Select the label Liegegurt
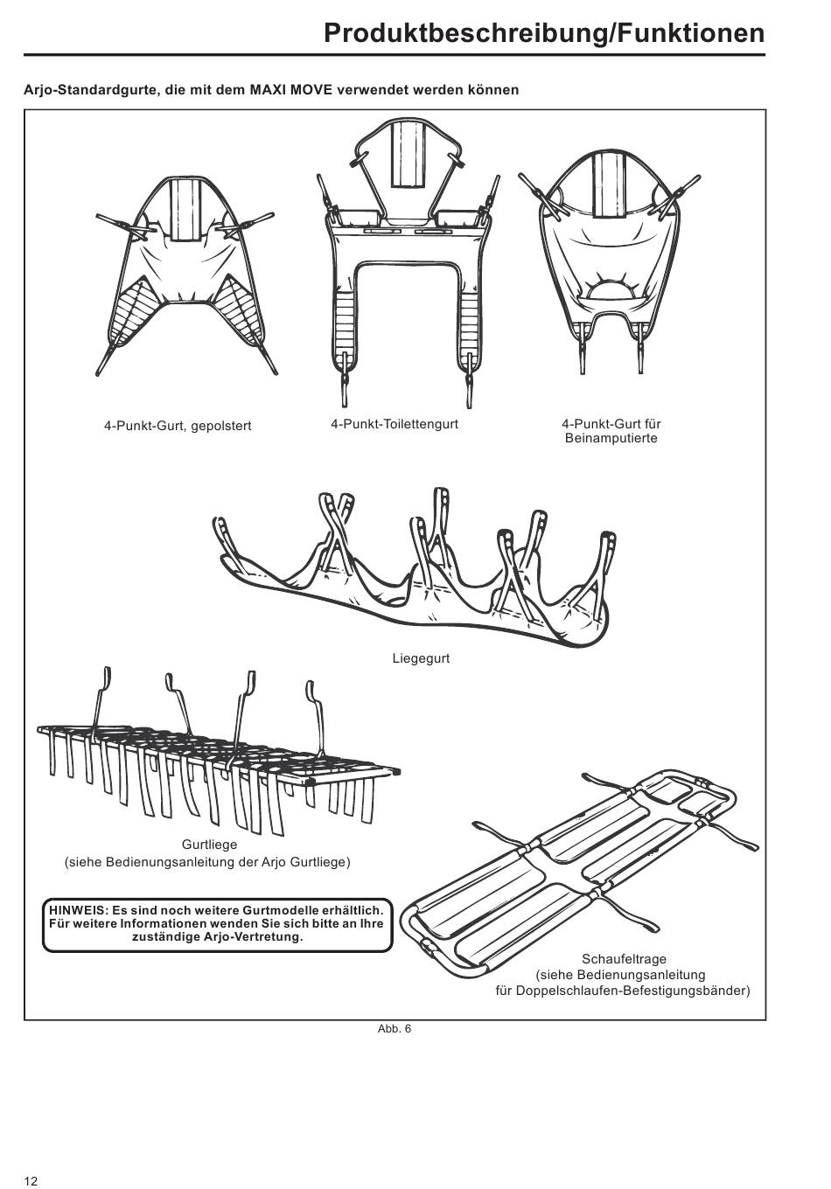(421, 658)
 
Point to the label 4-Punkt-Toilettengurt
(395, 424)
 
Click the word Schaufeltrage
(624, 959)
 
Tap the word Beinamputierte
(611, 439)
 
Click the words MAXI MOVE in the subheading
(291, 90)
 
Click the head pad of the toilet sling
(408, 156)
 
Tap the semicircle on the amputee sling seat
(610, 293)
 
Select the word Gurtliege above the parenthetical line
(209, 845)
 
